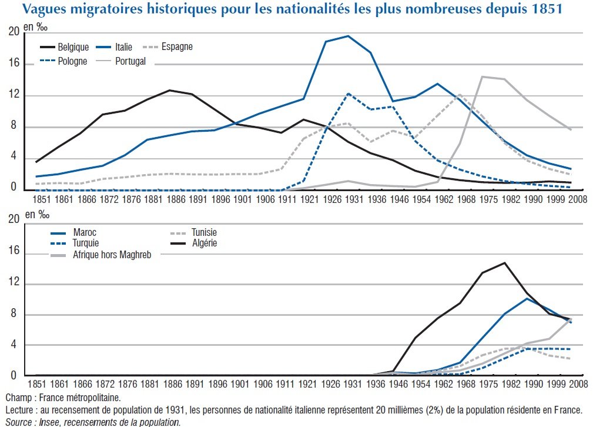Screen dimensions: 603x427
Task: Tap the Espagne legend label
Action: coord(177,47)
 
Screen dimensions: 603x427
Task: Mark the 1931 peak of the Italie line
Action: coord(348,36)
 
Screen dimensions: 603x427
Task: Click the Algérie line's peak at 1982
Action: coord(504,263)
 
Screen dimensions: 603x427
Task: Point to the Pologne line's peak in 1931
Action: coord(348,94)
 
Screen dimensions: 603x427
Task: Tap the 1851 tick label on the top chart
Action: coord(41,199)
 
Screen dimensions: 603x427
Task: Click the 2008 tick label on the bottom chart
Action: coord(578,384)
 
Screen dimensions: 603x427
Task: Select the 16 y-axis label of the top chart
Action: coord(14,63)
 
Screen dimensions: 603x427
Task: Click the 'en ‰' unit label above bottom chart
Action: coord(37,215)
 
